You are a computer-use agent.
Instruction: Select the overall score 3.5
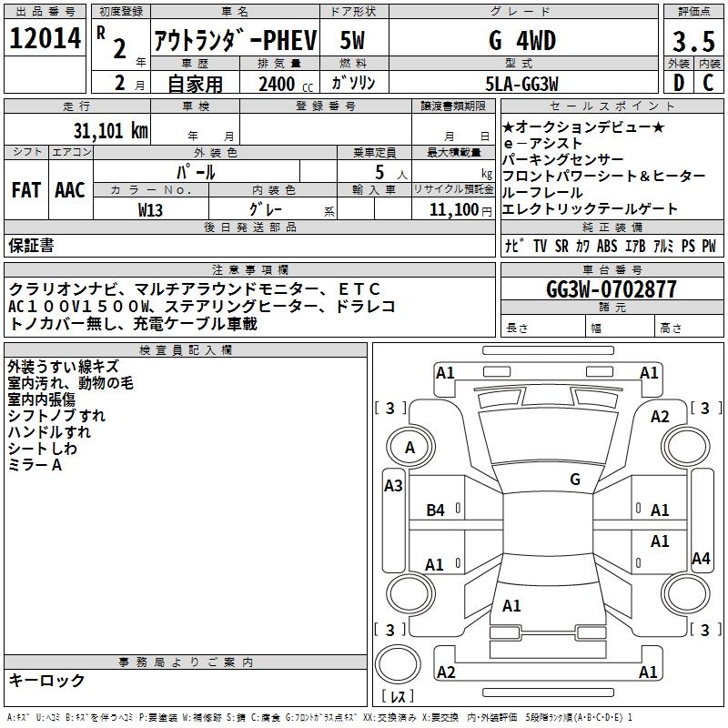click(x=693, y=43)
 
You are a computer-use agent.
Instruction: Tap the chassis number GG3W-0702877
click(x=611, y=289)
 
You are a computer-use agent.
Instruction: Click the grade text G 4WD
click(x=521, y=41)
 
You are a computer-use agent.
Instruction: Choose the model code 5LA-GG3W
click(x=521, y=83)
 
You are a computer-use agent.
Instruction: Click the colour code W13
click(x=151, y=210)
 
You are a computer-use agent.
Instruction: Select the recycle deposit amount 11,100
click(x=453, y=210)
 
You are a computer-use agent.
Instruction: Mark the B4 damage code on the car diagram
click(x=436, y=511)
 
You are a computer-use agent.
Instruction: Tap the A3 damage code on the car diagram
click(x=393, y=486)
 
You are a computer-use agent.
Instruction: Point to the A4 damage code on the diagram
click(x=700, y=559)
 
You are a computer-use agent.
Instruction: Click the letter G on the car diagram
click(x=574, y=480)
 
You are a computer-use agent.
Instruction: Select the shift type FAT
click(x=25, y=190)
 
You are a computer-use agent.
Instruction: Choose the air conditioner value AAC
click(x=70, y=190)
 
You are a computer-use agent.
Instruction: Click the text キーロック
click(x=46, y=680)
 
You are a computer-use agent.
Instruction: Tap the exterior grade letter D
click(x=678, y=83)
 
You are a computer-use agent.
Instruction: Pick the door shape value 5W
click(x=354, y=41)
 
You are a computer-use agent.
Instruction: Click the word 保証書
click(x=31, y=245)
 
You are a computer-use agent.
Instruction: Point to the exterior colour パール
click(x=196, y=171)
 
